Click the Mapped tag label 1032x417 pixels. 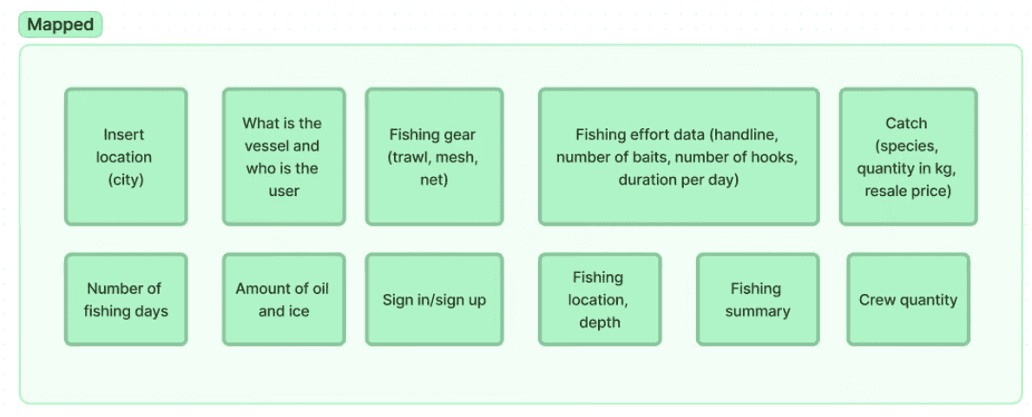(x=60, y=24)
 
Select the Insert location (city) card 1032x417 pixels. (x=125, y=156)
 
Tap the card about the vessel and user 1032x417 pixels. (x=283, y=156)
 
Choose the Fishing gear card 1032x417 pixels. (x=433, y=156)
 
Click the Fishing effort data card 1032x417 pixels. (x=678, y=156)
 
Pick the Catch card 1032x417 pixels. (x=907, y=156)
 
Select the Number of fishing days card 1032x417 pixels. (x=125, y=299)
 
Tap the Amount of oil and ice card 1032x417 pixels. (x=283, y=299)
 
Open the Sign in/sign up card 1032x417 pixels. (x=433, y=299)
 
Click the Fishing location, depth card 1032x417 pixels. (x=599, y=299)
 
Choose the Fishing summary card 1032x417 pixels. (x=757, y=299)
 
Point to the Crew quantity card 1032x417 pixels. (x=908, y=299)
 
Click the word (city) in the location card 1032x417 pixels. (x=125, y=179)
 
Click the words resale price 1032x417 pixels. (x=907, y=191)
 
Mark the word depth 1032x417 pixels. (x=599, y=322)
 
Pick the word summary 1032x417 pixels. (x=757, y=310)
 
